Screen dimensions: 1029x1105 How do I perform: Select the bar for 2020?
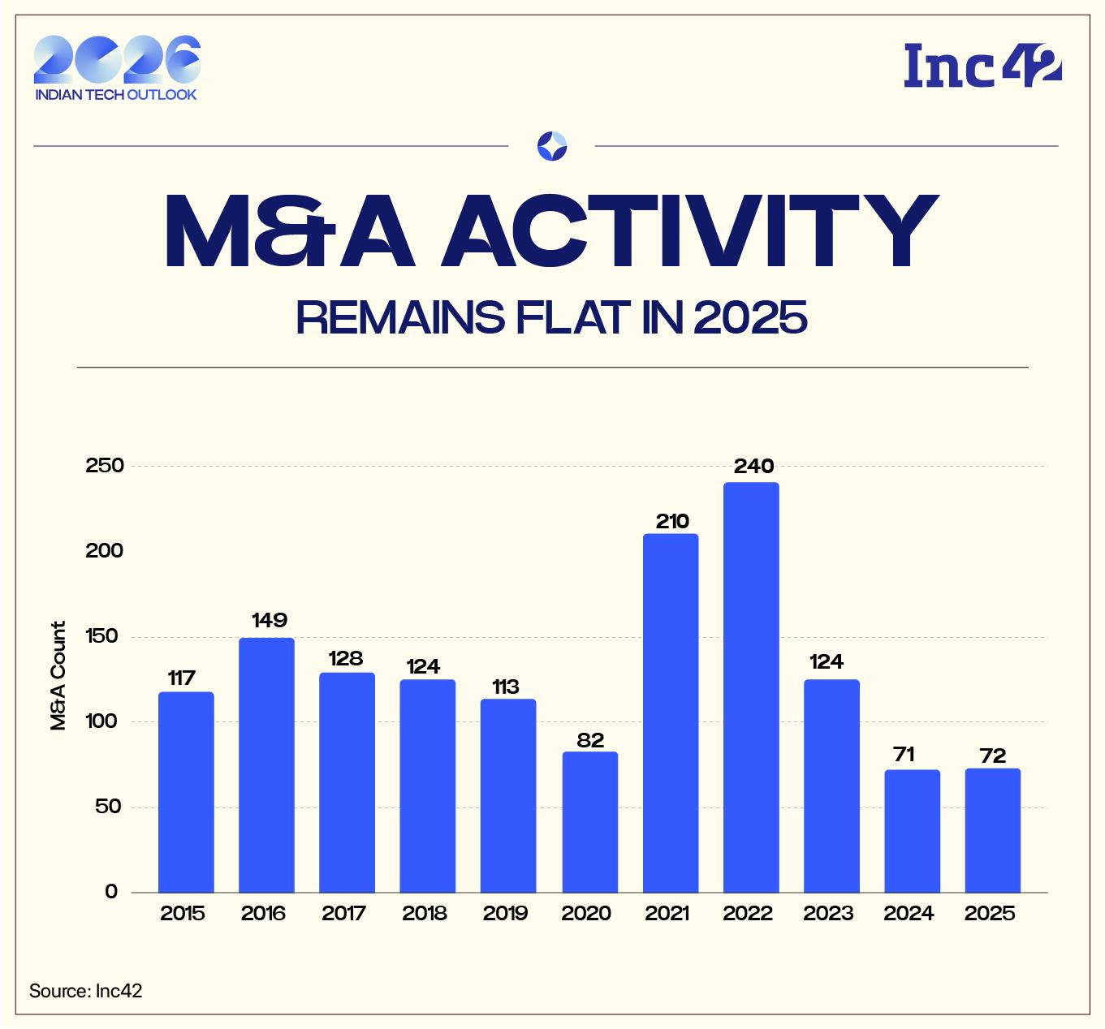tap(589, 821)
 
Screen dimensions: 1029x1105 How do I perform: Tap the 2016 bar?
tap(266, 764)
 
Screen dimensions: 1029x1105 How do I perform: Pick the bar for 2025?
tap(992, 830)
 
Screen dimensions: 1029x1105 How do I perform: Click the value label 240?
tap(753, 467)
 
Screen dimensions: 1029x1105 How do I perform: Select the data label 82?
tap(590, 739)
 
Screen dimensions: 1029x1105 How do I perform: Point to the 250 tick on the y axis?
tap(105, 466)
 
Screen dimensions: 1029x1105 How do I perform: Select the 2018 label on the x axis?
tap(425, 914)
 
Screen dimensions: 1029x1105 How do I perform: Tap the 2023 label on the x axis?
tap(829, 914)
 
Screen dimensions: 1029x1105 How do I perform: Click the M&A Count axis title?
tap(58, 676)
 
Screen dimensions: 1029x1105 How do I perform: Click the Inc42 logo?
tap(982, 66)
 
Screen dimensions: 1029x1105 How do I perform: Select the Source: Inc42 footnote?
tap(85, 991)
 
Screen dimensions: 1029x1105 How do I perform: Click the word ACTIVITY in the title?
tap(688, 233)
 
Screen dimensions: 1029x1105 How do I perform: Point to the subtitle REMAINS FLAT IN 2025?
tap(552, 317)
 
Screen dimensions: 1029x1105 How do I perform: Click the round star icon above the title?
tap(552, 146)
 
